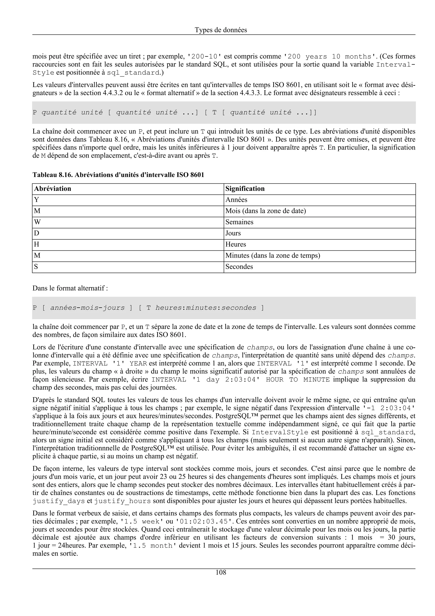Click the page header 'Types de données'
coord(221,30)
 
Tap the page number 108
coord(221,573)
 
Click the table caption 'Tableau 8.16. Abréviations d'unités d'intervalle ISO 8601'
coord(118,175)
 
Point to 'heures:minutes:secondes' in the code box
coord(206,308)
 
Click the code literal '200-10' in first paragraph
coord(205,57)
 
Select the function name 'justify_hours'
coord(122,501)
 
